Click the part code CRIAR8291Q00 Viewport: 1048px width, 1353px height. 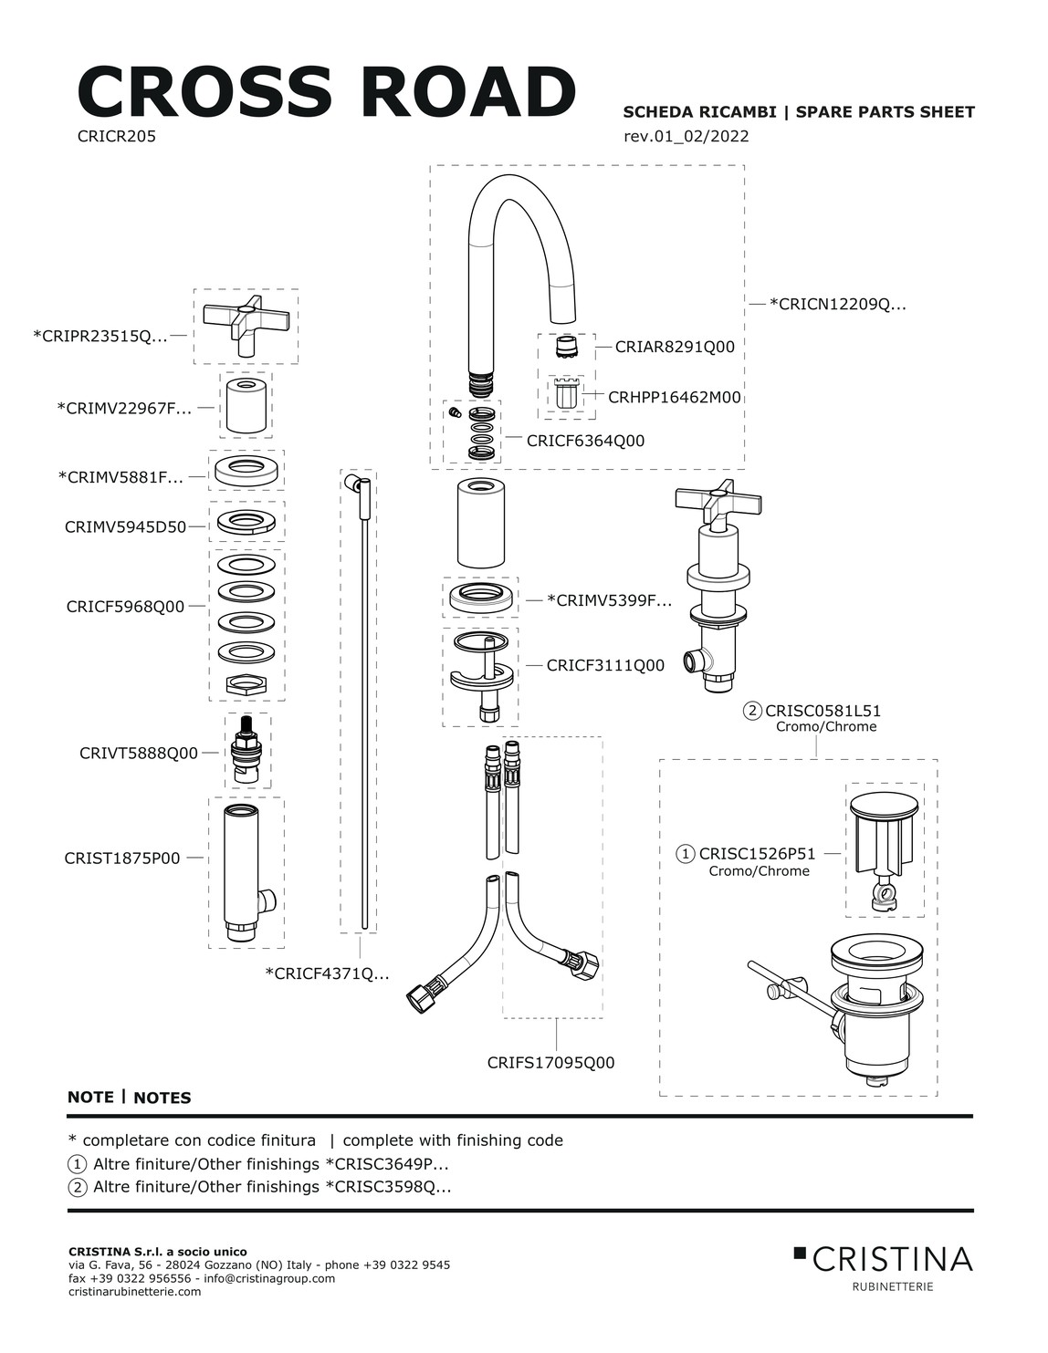675,347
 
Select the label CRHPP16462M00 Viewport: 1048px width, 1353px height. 675,398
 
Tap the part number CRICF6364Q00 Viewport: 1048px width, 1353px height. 585,441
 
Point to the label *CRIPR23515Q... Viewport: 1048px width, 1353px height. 100,336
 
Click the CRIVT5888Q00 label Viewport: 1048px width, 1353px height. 139,754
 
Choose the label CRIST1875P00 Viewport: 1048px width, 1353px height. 122,859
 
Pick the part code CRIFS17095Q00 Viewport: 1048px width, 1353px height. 550,1063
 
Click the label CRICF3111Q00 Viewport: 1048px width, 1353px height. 605,666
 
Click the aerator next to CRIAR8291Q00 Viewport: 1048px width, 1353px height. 567,348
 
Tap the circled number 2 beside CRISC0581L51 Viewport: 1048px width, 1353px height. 753,711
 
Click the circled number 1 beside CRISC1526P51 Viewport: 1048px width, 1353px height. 686,854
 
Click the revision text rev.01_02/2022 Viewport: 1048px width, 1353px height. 686,137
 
